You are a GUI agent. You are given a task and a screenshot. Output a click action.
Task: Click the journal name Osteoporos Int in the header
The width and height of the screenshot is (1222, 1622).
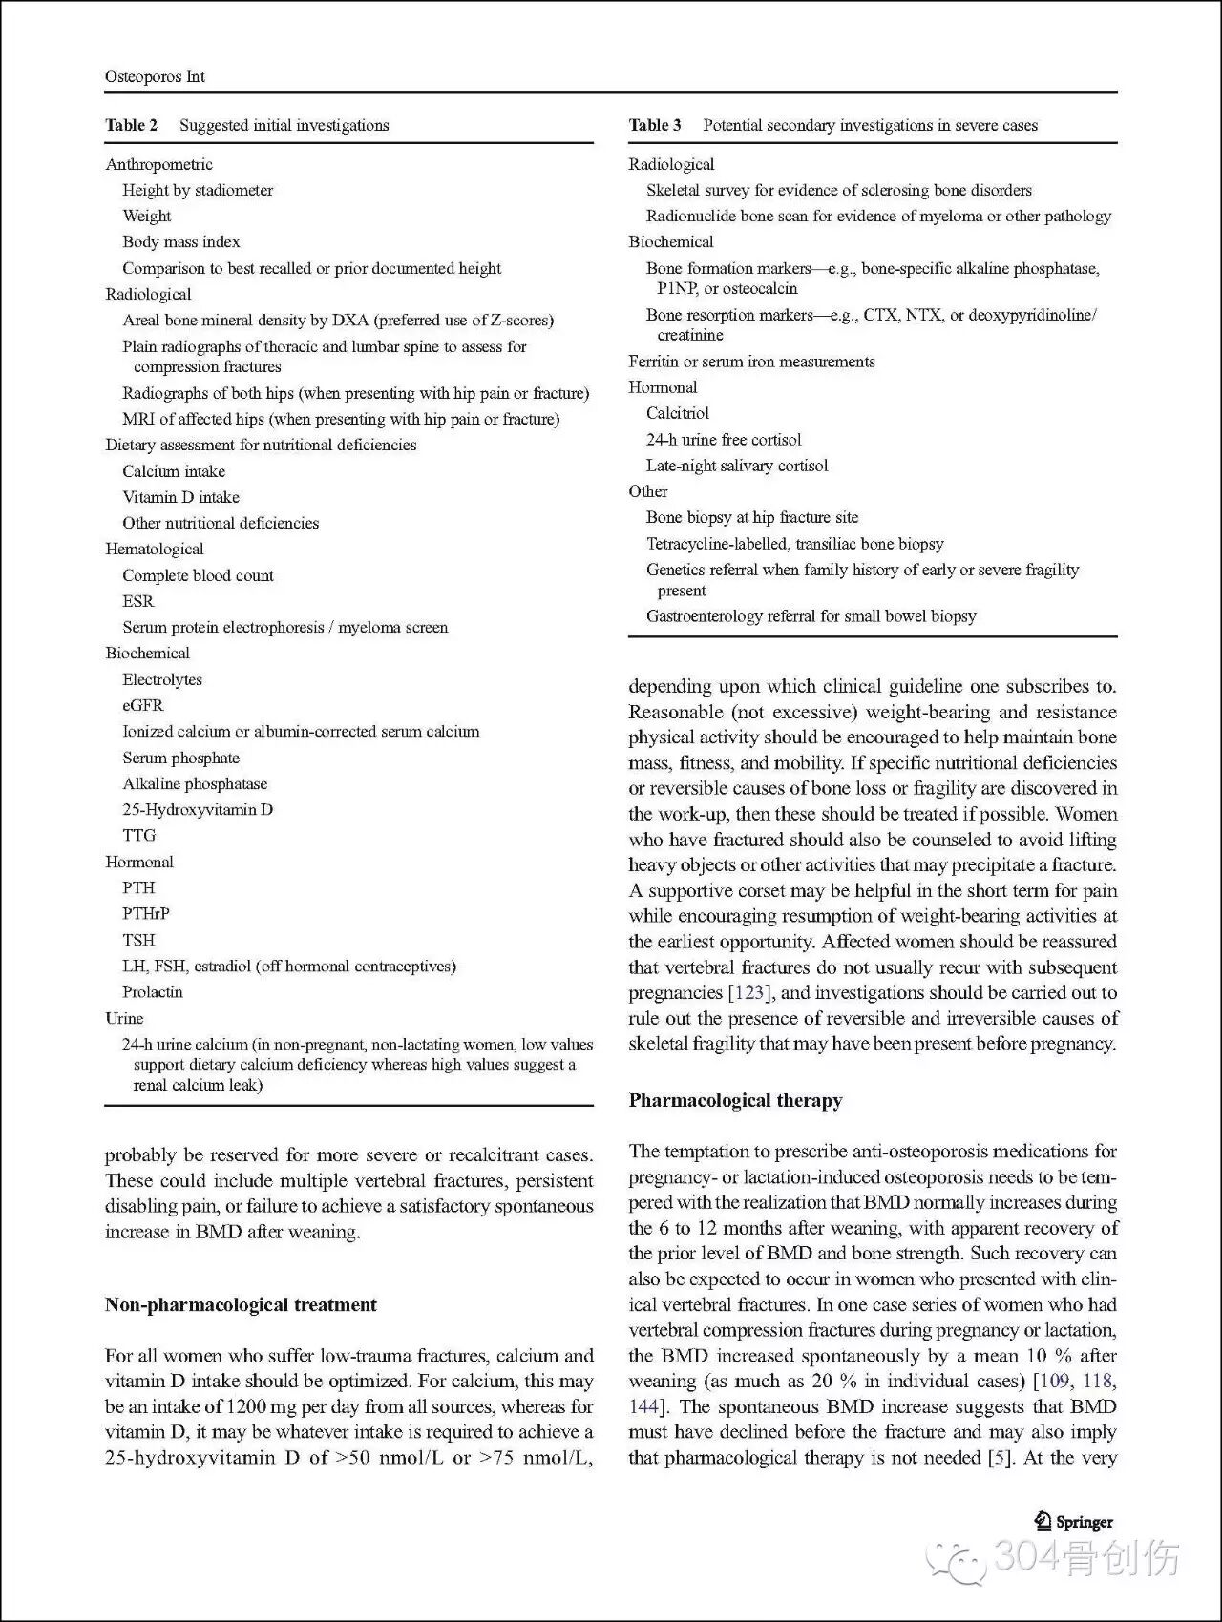(x=155, y=76)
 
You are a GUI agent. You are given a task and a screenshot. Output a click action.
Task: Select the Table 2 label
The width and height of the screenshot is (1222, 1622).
(x=131, y=125)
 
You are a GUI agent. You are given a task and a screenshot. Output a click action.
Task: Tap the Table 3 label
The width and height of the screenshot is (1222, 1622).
(x=655, y=125)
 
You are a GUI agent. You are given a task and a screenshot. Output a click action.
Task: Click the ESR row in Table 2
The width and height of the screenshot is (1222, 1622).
(x=137, y=601)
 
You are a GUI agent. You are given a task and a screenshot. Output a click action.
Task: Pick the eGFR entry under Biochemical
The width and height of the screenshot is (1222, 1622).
(x=142, y=705)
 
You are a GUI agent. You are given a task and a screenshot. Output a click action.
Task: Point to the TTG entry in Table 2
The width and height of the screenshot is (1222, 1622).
(x=138, y=835)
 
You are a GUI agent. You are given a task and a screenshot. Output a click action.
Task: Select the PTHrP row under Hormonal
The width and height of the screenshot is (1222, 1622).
(x=145, y=913)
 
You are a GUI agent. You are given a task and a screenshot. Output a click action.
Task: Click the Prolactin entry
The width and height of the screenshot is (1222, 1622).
(x=152, y=991)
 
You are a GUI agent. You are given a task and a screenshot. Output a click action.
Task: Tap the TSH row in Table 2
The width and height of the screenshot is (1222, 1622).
(x=138, y=940)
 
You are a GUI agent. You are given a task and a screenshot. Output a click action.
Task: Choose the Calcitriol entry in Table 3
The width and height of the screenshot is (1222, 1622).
(x=677, y=413)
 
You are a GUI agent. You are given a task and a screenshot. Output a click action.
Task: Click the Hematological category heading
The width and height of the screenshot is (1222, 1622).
(x=154, y=549)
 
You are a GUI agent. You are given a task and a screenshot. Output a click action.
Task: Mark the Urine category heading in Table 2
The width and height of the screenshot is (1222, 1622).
(x=124, y=1018)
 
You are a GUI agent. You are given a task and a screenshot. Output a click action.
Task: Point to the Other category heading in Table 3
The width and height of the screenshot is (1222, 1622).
(x=647, y=491)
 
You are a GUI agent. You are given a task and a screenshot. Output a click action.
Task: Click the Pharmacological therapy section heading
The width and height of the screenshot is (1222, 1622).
(x=735, y=1100)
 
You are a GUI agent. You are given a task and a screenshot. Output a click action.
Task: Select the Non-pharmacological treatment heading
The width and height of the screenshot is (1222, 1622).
(x=241, y=1304)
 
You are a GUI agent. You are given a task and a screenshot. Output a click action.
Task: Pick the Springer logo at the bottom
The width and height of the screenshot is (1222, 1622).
(x=1074, y=1523)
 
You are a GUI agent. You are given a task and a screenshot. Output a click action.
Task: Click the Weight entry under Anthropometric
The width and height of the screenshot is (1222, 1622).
(x=146, y=216)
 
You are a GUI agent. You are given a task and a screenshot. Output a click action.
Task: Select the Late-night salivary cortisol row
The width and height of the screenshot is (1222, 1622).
(x=736, y=466)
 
